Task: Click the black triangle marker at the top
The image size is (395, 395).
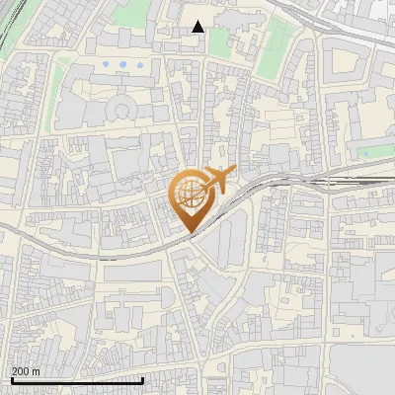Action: (198, 27)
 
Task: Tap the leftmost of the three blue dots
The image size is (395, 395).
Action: (106, 64)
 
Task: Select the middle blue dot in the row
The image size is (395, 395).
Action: (122, 64)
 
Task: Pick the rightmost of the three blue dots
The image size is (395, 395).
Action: (139, 64)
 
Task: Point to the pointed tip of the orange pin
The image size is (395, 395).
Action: (189, 232)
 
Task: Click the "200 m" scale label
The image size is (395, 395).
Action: (26, 371)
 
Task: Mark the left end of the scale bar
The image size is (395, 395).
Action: (11, 380)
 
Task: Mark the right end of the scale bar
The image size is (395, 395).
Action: (143, 380)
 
